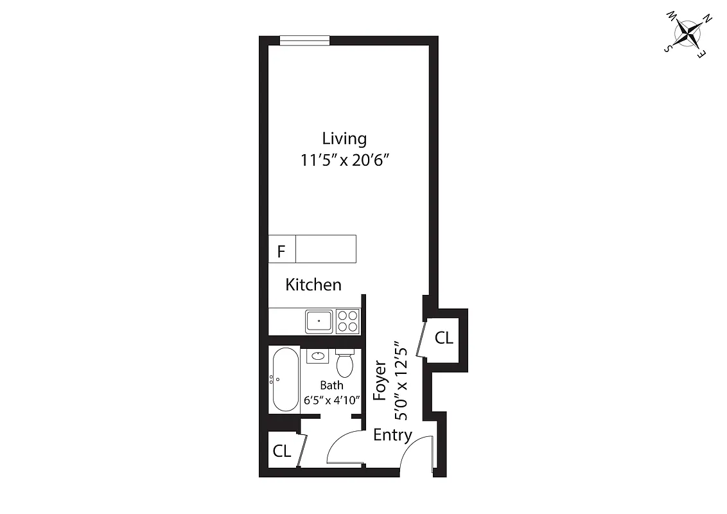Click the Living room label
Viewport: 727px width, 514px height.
[344, 138]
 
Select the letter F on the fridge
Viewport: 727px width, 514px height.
[281, 251]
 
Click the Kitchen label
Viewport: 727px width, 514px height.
[313, 285]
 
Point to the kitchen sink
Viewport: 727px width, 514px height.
[319, 320]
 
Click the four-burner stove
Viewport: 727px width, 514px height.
[347, 321]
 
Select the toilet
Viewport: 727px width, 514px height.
[345, 364]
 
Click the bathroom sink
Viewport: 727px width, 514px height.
[317, 356]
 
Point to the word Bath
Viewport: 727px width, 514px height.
[331, 385]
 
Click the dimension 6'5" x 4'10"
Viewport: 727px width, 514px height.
[331, 399]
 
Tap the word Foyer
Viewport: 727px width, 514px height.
[380, 380]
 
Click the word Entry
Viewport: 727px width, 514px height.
[392, 435]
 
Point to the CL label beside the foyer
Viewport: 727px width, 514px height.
[444, 338]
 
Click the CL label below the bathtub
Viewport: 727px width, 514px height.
[281, 451]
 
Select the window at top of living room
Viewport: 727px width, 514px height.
[305, 40]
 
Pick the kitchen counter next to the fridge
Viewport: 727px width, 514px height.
[326, 249]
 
